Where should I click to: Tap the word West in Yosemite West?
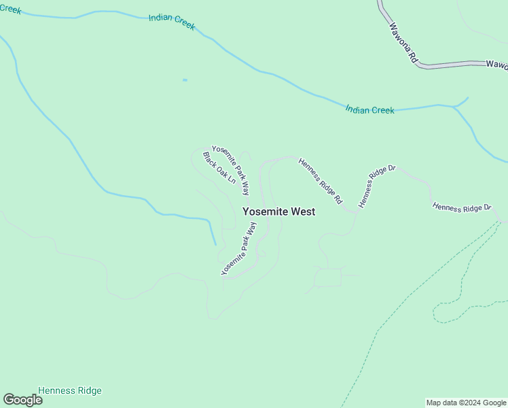tap(303, 211)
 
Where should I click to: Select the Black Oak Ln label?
tap(219, 168)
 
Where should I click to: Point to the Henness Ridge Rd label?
tap(320, 181)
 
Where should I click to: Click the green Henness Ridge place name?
tap(70, 390)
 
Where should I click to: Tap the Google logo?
tap(22, 400)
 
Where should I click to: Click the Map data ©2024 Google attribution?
tap(466, 403)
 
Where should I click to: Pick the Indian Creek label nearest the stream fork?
tap(369, 109)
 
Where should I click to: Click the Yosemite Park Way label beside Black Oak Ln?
tap(231, 170)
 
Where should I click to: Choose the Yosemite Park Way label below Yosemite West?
tap(238, 248)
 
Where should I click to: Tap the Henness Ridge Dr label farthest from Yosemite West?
tap(462, 207)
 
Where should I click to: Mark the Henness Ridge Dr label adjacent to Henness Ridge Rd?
tap(376, 186)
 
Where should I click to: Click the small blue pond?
tap(185, 80)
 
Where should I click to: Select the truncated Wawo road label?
tap(496, 64)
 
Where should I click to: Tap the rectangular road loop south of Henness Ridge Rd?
tap(328, 277)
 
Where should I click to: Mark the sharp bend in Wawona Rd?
tap(422, 66)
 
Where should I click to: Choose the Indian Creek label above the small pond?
tap(172, 21)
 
